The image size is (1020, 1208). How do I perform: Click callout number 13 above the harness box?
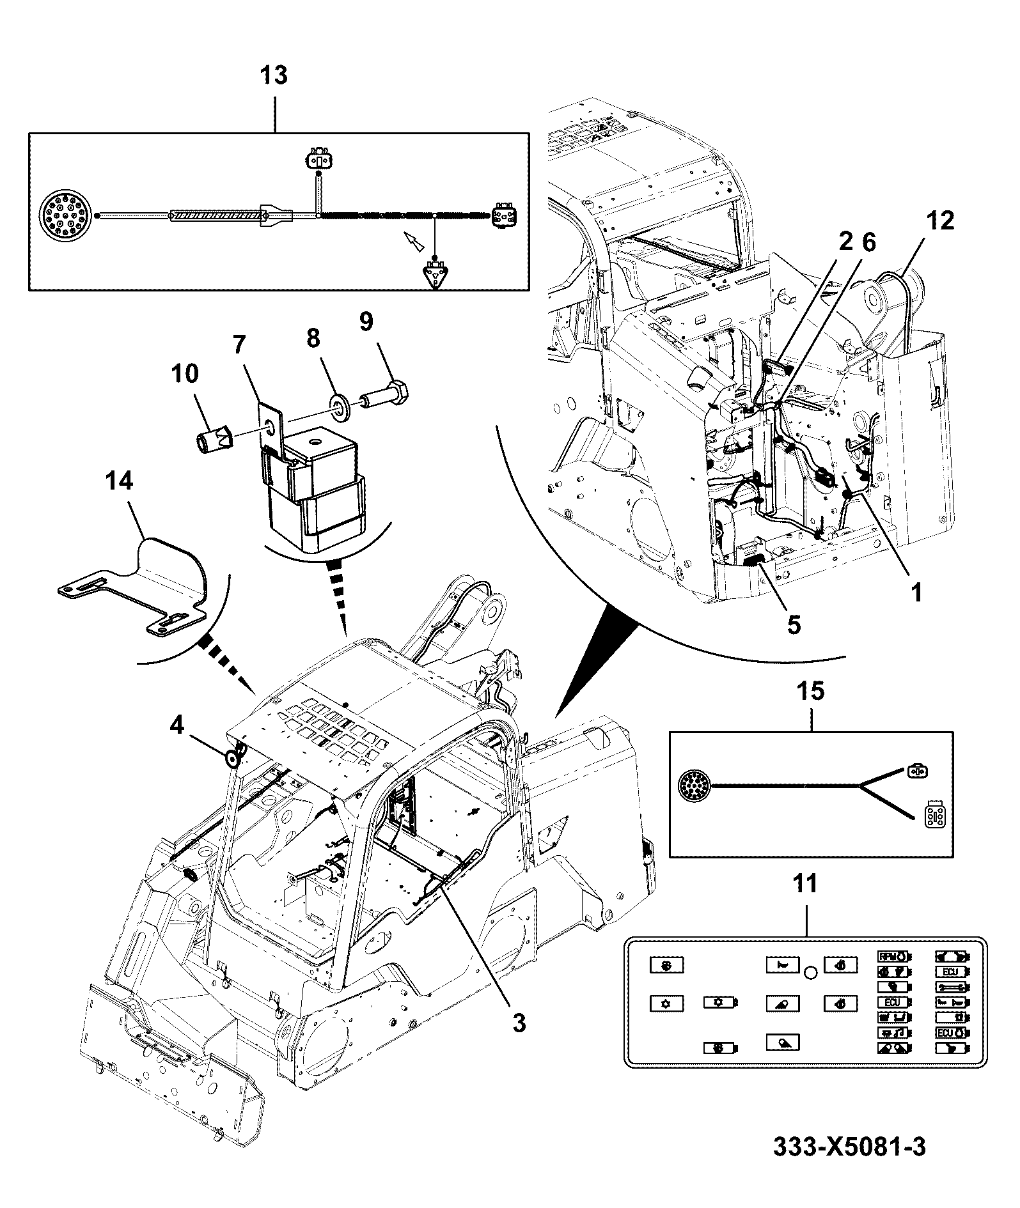pyautogui.click(x=274, y=75)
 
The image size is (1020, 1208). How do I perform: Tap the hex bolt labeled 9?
pyautogui.click(x=386, y=392)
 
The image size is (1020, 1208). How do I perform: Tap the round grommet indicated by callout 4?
pyautogui.click(x=232, y=759)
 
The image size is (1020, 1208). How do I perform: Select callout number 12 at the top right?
pyautogui.click(x=939, y=221)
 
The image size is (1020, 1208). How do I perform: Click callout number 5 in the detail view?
pyautogui.click(x=794, y=624)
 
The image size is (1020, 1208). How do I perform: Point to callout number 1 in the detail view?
pyautogui.click(x=917, y=592)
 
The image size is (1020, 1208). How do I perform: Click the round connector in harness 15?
pyautogui.click(x=694, y=785)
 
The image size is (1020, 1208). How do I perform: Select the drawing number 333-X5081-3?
pyautogui.click(x=849, y=1146)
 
